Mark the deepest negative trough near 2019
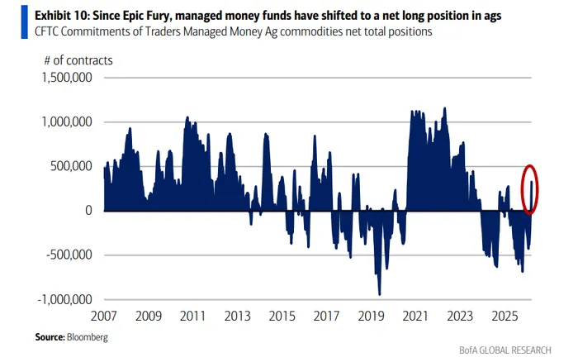pos(379,293)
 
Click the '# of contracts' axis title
pos(79,60)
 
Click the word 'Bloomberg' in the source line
pos(87,337)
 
